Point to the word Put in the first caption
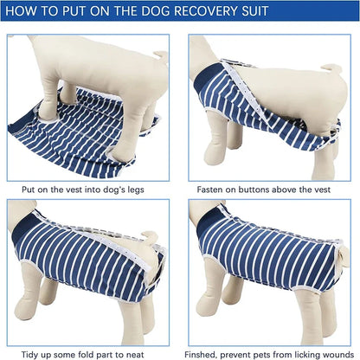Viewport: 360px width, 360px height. tap(29, 189)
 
